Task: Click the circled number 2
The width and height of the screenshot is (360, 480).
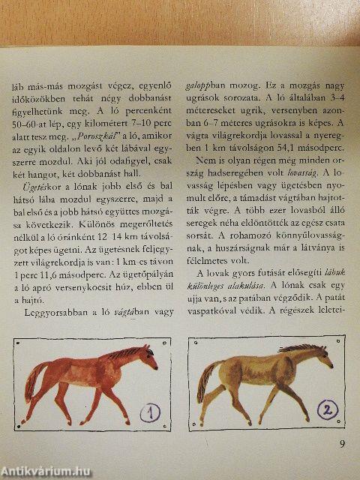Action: (x=327, y=409)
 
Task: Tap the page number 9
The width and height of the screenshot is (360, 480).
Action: (x=341, y=444)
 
